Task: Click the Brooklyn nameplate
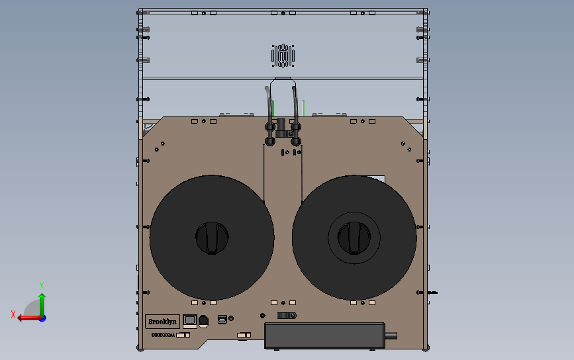tap(162, 322)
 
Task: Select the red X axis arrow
tap(26, 318)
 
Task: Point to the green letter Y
tap(42, 285)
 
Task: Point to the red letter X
tap(13, 315)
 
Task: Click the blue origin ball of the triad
tap(42, 318)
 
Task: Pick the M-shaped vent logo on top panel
tap(283, 56)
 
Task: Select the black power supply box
tap(324, 335)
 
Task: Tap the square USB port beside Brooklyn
tap(190, 320)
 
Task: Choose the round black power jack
tap(203, 321)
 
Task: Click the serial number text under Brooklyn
tap(164, 335)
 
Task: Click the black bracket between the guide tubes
tap(281, 126)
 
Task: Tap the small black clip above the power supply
tap(286, 316)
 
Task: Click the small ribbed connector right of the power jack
tap(222, 321)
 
